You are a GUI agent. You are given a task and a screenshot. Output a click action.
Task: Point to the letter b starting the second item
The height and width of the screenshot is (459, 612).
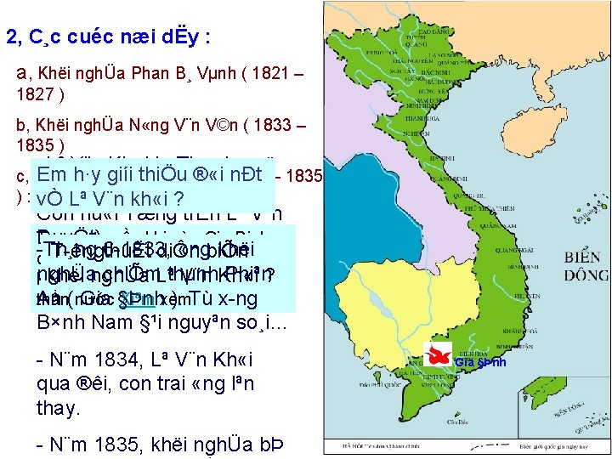(20, 127)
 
